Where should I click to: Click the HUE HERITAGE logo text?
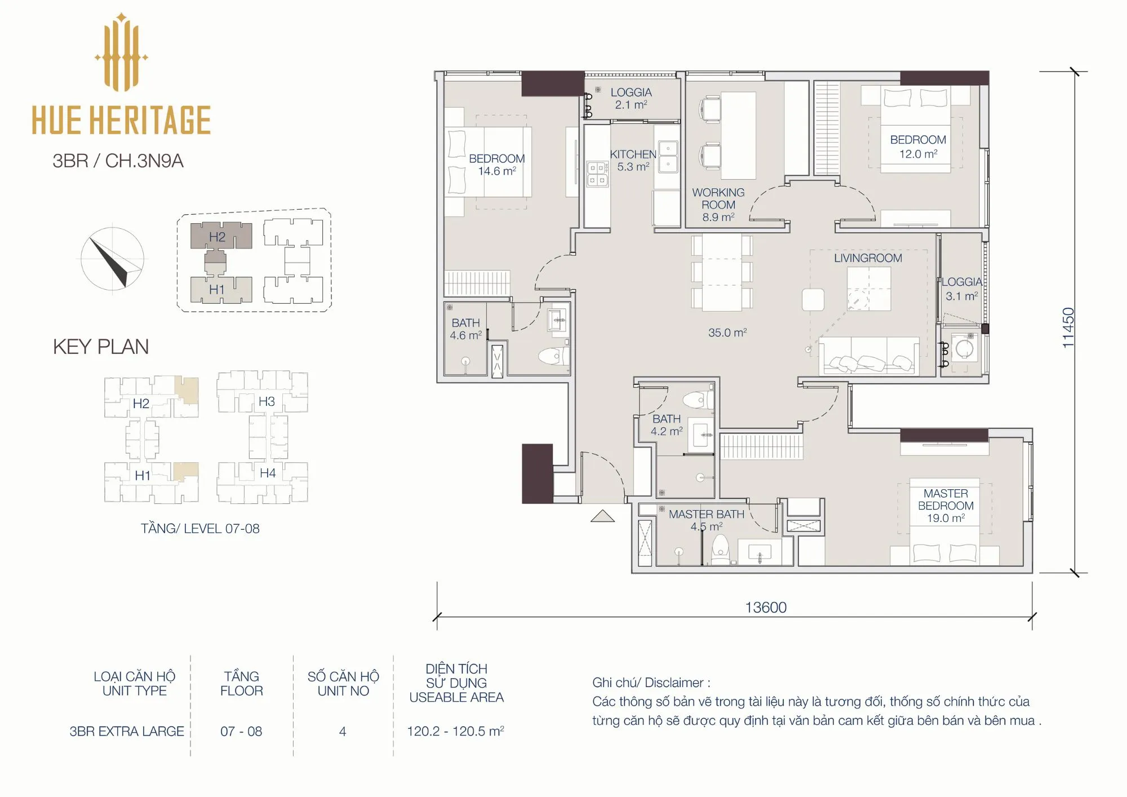pyautogui.click(x=121, y=120)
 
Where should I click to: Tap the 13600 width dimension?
pyautogui.click(x=766, y=608)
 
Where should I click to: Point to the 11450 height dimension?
pyautogui.click(x=1068, y=327)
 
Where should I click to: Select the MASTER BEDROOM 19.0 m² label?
pyautogui.click(x=946, y=506)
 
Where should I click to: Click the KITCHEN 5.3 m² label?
pyautogui.click(x=633, y=160)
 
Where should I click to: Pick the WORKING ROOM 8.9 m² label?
pyautogui.click(x=718, y=205)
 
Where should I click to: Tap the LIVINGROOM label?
pyautogui.click(x=868, y=258)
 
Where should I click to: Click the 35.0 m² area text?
pyautogui.click(x=727, y=333)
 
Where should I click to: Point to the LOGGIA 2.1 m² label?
pyautogui.click(x=631, y=98)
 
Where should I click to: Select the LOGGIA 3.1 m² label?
pyautogui.click(x=962, y=289)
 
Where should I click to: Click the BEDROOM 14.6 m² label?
pyautogui.click(x=496, y=165)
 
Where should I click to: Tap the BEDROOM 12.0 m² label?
pyautogui.click(x=918, y=147)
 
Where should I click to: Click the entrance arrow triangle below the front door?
pyautogui.click(x=602, y=516)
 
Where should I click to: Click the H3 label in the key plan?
pyautogui.click(x=267, y=401)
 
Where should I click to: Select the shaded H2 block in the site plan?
pyautogui.click(x=220, y=236)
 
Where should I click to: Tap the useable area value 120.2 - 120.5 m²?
pyautogui.click(x=455, y=731)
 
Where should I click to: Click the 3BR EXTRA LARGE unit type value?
pyautogui.click(x=127, y=731)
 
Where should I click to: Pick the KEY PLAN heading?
pyautogui.click(x=101, y=347)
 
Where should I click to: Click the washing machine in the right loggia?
pyautogui.click(x=964, y=349)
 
